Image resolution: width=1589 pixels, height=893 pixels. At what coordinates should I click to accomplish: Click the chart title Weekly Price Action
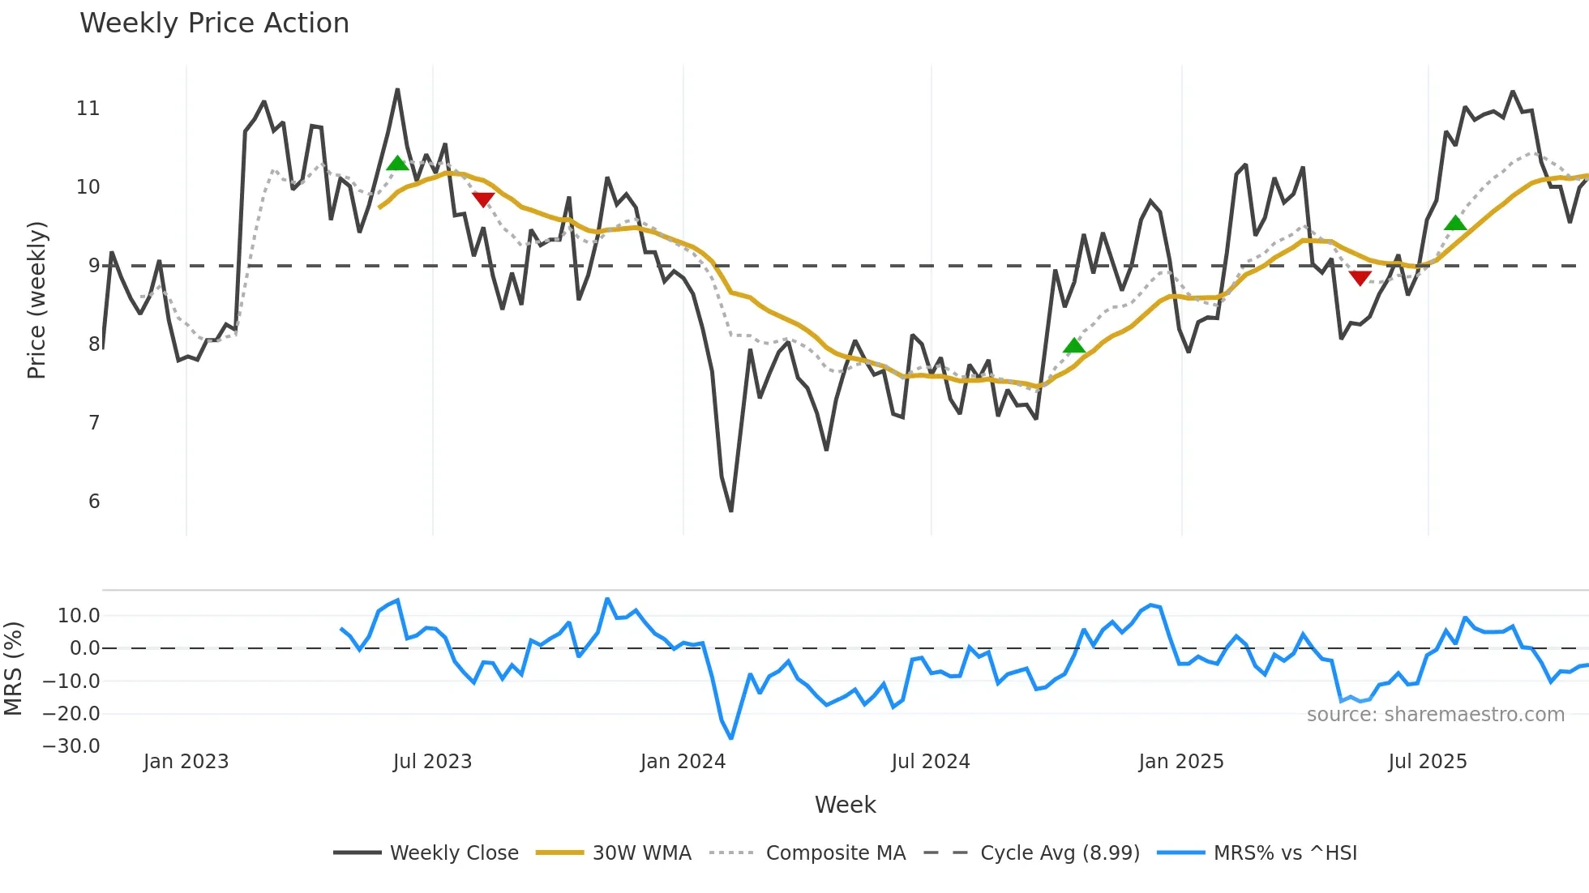[x=214, y=23]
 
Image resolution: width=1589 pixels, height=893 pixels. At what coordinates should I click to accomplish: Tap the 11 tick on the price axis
[x=88, y=109]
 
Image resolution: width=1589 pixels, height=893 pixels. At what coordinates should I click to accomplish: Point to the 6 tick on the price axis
[x=94, y=502]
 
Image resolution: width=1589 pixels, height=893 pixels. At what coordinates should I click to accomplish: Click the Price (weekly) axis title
[x=36, y=300]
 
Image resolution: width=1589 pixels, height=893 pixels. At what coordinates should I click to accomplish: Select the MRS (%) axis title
[x=13, y=669]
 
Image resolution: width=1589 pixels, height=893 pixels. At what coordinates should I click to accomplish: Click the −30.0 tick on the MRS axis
[x=71, y=746]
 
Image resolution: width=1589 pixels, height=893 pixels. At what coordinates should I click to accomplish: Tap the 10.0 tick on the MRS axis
[x=79, y=616]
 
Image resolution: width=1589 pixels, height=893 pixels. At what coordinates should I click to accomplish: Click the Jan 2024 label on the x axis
[x=683, y=762]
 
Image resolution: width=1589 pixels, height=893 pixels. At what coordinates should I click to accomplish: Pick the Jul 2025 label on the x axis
[x=1427, y=762]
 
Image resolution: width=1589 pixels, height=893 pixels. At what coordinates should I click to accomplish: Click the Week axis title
[x=845, y=805]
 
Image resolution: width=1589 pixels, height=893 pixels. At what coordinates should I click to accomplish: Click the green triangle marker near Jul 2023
[x=397, y=164]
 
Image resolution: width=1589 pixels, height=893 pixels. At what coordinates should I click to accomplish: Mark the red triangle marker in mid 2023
[x=483, y=199]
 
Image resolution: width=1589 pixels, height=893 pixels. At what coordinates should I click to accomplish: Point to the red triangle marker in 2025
[x=1360, y=278]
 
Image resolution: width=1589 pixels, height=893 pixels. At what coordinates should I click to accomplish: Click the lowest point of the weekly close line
[x=731, y=511]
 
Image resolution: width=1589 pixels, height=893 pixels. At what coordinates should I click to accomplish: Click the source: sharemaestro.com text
[x=1435, y=715]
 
